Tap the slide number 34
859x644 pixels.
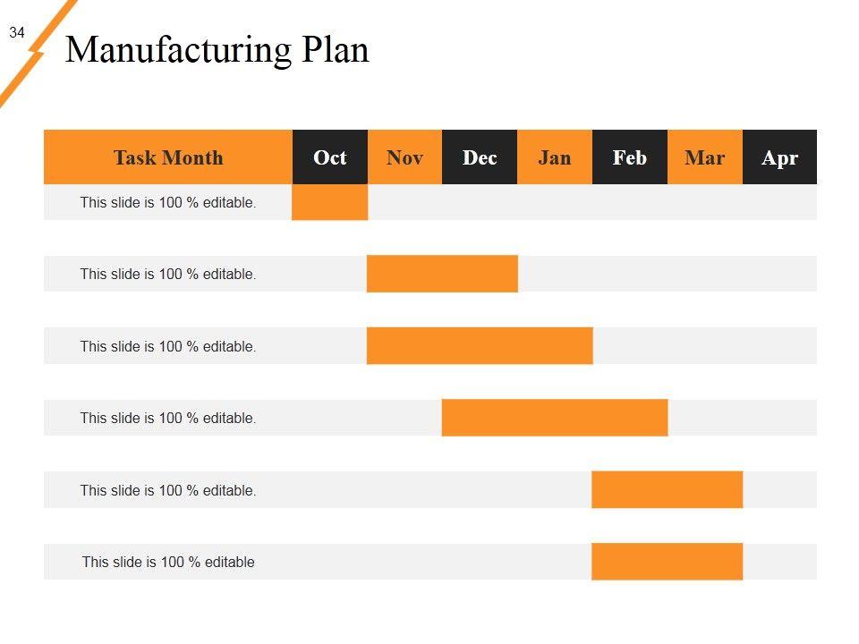(17, 33)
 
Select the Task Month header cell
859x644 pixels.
(168, 157)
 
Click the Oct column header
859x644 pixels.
(329, 157)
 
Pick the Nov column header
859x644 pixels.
(404, 157)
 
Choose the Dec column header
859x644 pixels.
(480, 157)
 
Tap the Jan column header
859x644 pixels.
(555, 157)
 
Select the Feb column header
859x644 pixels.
(629, 157)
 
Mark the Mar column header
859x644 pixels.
(704, 157)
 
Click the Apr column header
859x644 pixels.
(779, 157)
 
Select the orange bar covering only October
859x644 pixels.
(329, 202)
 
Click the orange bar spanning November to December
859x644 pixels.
(442, 274)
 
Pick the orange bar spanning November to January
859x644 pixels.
(480, 346)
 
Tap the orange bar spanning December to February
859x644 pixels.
(555, 418)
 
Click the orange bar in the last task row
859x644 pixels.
(667, 562)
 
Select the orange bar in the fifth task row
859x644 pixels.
(667, 490)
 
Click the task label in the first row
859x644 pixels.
(168, 202)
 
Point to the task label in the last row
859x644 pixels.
(168, 562)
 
